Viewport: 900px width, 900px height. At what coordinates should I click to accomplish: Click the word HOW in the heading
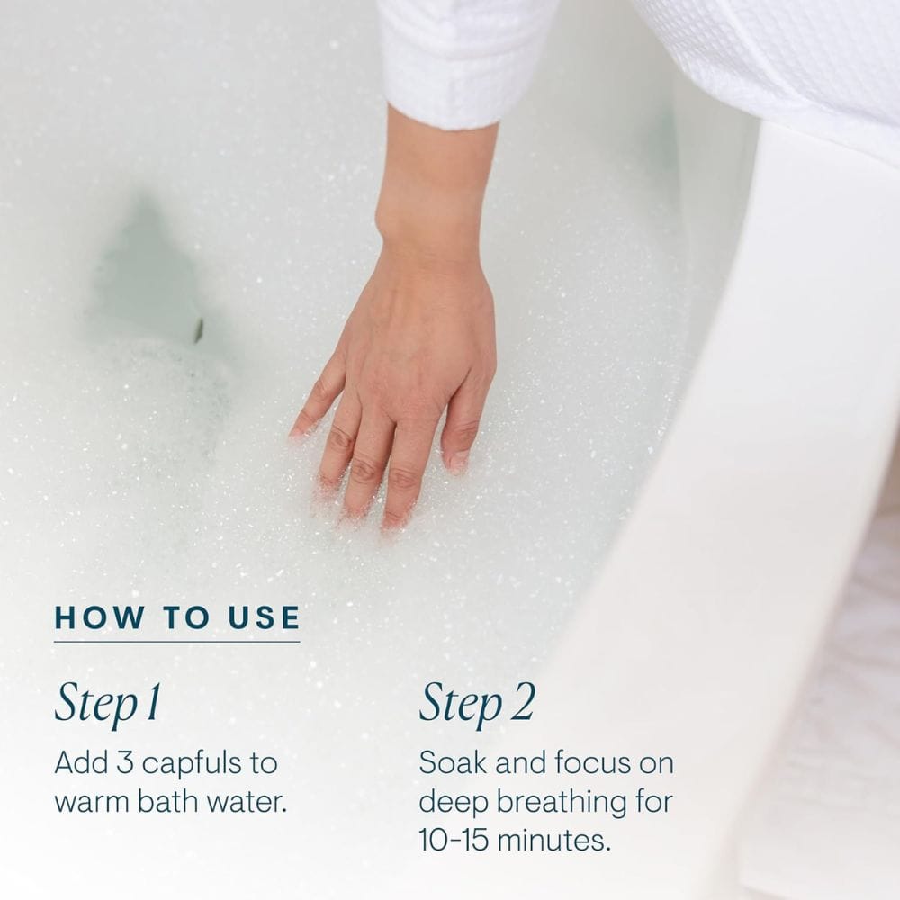pos(99,617)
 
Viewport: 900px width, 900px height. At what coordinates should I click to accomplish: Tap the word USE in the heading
pos(265,617)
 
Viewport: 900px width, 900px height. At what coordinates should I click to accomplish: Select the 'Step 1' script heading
pos(107,703)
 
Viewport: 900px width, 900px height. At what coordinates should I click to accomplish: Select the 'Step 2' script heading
pos(477,703)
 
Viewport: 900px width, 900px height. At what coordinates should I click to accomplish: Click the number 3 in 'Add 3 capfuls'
pos(125,763)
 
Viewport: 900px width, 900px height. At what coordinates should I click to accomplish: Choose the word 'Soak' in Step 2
pos(453,763)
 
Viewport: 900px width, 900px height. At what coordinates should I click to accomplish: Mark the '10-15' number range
pos(454,841)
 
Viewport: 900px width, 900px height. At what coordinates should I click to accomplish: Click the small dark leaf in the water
pos(198,330)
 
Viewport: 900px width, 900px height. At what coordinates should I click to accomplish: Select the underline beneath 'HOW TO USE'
pos(176,642)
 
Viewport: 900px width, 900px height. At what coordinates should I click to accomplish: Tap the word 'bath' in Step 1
pos(169,801)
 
